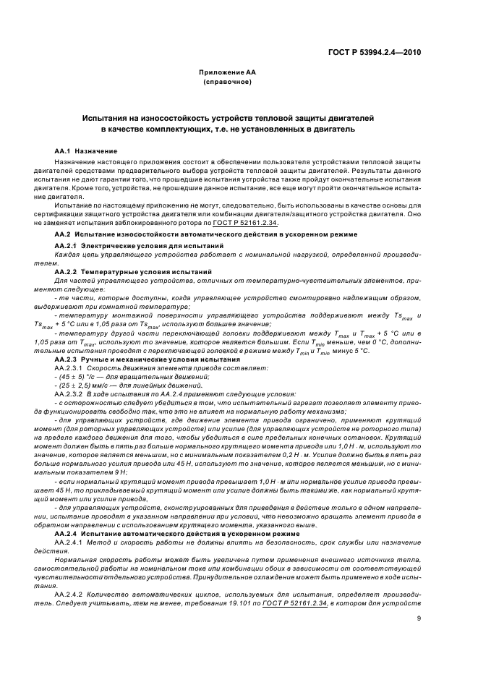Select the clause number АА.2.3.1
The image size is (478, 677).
[x=73, y=349]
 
